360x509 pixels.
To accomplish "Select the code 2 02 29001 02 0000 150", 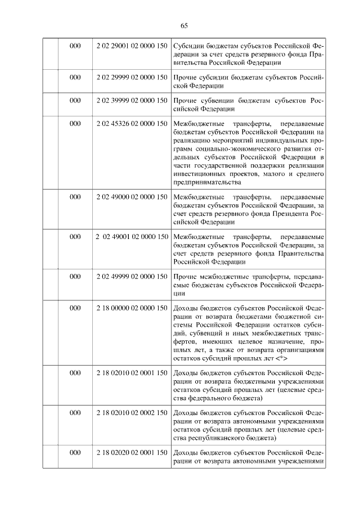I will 132,45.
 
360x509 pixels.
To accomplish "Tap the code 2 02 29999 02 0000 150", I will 132,77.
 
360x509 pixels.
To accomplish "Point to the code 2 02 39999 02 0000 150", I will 132,101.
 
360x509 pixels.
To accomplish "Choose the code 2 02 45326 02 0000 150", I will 132,123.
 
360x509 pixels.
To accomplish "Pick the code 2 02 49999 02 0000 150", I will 132,277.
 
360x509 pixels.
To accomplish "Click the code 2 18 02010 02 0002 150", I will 132,413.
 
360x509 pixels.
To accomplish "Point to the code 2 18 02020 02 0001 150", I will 132,453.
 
